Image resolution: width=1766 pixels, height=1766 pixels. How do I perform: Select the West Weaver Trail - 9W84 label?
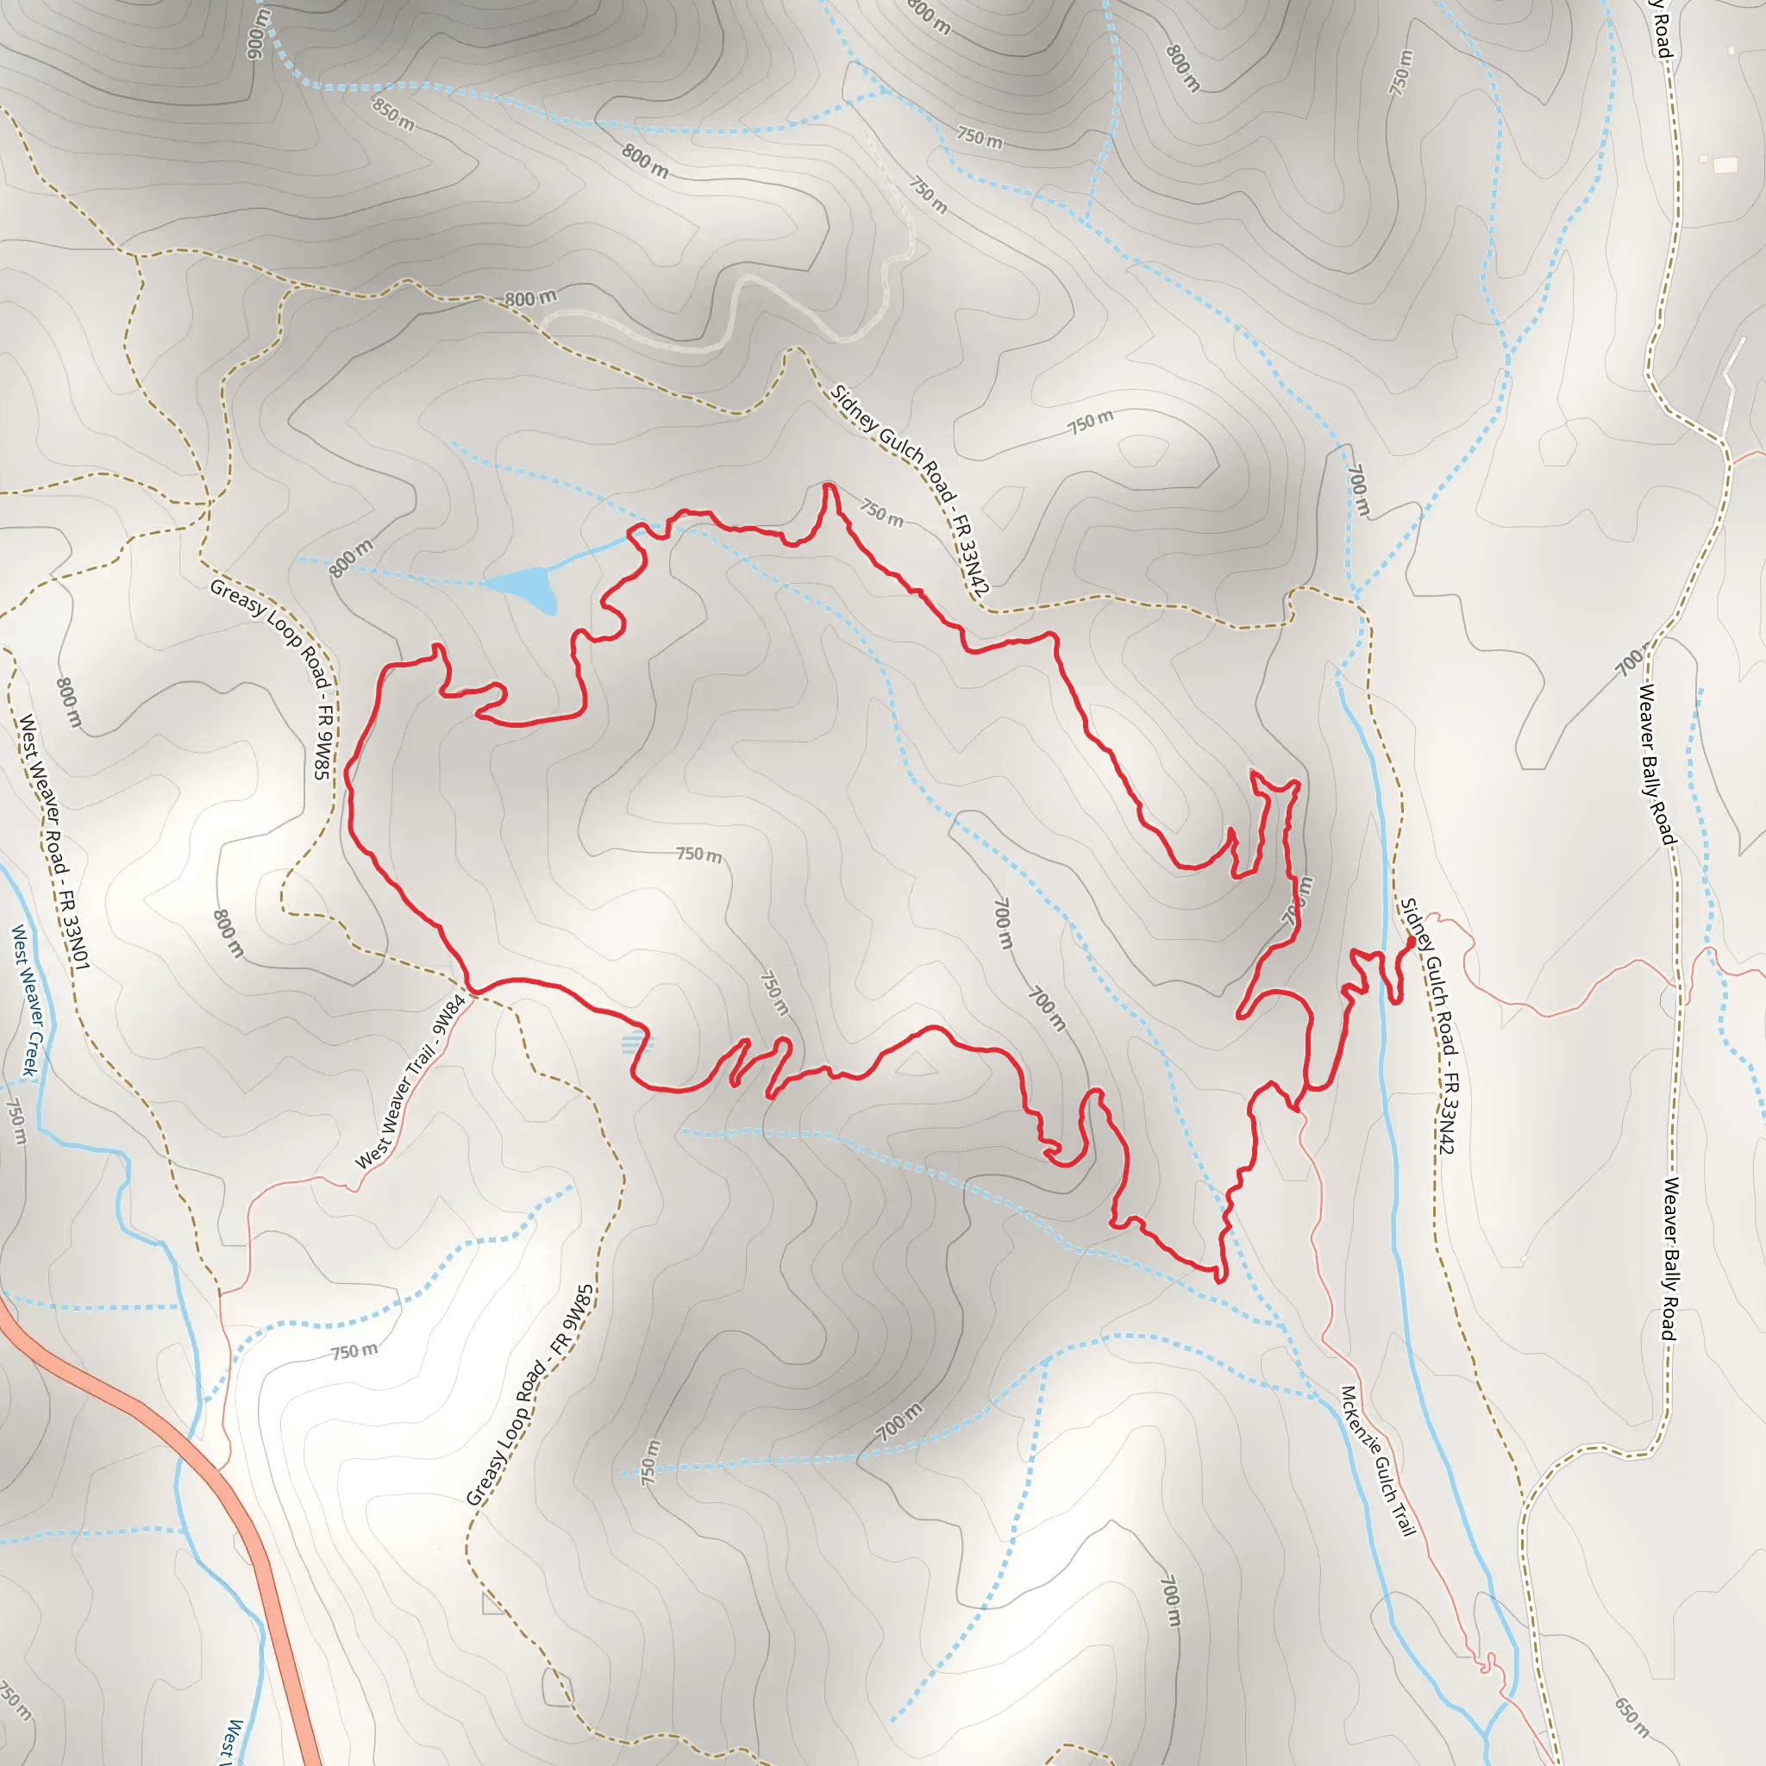point(410,1082)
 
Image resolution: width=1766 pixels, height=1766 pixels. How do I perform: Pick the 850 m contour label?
point(393,113)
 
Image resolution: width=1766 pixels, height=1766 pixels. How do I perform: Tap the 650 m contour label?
point(1631,1718)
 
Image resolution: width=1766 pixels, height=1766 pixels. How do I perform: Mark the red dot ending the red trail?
point(1411,941)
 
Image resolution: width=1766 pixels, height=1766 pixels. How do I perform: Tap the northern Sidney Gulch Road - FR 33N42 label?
point(910,491)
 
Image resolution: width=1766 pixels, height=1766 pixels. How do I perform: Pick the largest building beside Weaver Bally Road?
point(1725,166)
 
